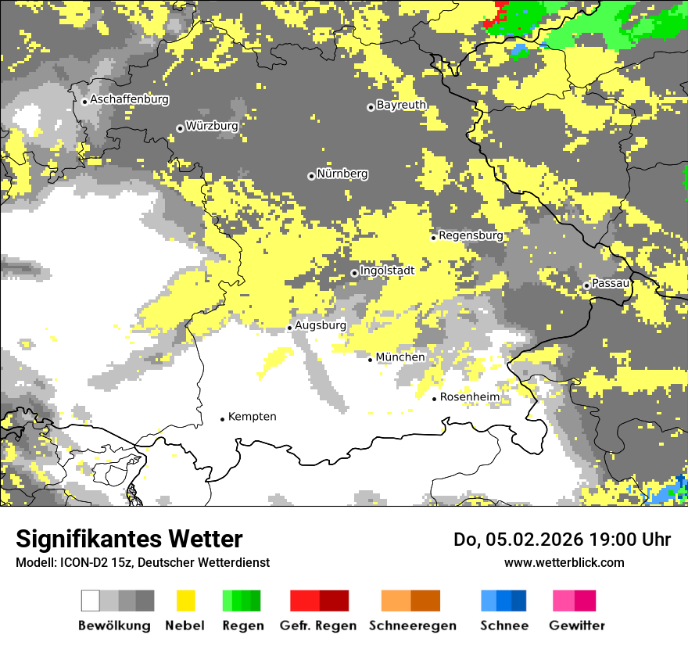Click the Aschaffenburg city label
(129, 100)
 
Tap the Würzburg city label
(212, 126)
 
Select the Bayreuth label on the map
(401, 105)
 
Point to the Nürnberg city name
(342, 174)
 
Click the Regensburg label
(471, 235)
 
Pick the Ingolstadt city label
(387, 271)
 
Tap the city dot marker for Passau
(586, 285)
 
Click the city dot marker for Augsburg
(289, 328)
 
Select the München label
(400, 357)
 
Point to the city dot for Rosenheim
(434, 399)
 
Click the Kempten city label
(252, 417)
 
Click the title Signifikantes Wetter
(129, 540)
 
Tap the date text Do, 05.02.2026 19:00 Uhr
(562, 540)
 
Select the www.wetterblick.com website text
(564, 562)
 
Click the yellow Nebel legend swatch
(185, 601)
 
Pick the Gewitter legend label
(576, 626)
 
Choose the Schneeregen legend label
(412, 626)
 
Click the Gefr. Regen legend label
(318, 626)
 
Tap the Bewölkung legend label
(114, 626)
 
